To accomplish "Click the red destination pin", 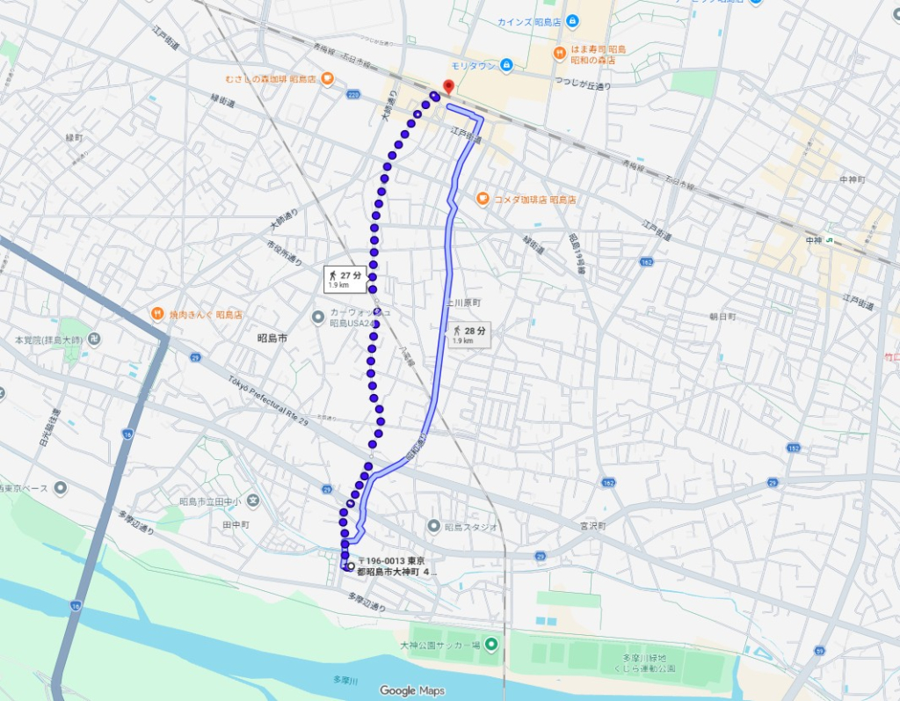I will point(447,86).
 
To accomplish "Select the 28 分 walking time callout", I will point(468,334).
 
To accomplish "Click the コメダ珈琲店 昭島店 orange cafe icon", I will point(483,199).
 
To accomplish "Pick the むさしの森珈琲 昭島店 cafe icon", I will point(326,78).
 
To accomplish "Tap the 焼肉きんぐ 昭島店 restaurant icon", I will point(156,313).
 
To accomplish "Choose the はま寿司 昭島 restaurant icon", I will point(560,53).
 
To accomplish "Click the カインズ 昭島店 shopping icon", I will point(572,20).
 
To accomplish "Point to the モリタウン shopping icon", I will point(506,65).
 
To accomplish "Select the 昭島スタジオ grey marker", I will point(433,526).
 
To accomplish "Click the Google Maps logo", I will point(413,690).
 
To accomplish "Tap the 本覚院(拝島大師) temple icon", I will point(94,339).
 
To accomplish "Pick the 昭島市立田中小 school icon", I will point(253,501).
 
